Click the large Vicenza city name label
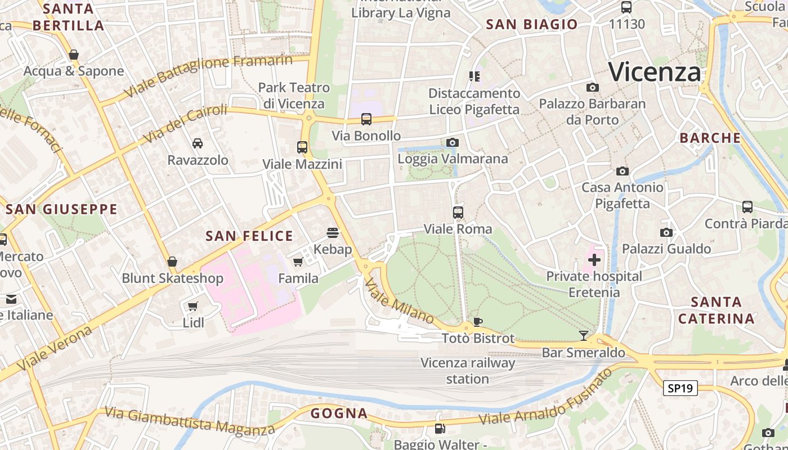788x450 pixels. pyautogui.click(x=655, y=73)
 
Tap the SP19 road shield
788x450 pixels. pyautogui.click(x=680, y=388)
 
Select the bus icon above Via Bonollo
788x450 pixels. pyautogui.click(x=366, y=119)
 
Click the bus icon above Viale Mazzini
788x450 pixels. pyautogui.click(x=302, y=147)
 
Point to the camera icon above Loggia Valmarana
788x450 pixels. pyautogui.click(x=452, y=142)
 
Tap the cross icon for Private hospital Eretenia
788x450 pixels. pyautogui.click(x=594, y=259)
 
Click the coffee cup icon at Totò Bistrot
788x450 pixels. pyautogui.click(x=477, y=322)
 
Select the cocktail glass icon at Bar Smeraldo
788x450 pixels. pyautogui.click(x=584, y=336)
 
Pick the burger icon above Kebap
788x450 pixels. pyautogui.click(x=333, y=233)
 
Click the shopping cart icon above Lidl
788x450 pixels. pyautogui.click(x=193, y=306)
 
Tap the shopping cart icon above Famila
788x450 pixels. pyautogui.click(x=298, y=262)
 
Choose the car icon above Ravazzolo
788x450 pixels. pyautogui.click(x=198, y=143)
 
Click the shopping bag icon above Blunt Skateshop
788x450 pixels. pyautogui.click(x=172, y=262)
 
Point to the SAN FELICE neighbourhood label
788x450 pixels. pyautogui.click(x=249, y=236)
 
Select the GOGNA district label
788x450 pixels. pyautogui.click(x=339, y=413)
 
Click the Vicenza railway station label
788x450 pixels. pyautogui.click(x=468, y=371)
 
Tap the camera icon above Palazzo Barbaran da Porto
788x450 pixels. pyautogui.click(x=592, y=87)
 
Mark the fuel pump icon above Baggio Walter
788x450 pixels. pyautogui.click(x=439, y=429)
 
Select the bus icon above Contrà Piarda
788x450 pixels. pyautogui.click(x=747, y=207)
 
